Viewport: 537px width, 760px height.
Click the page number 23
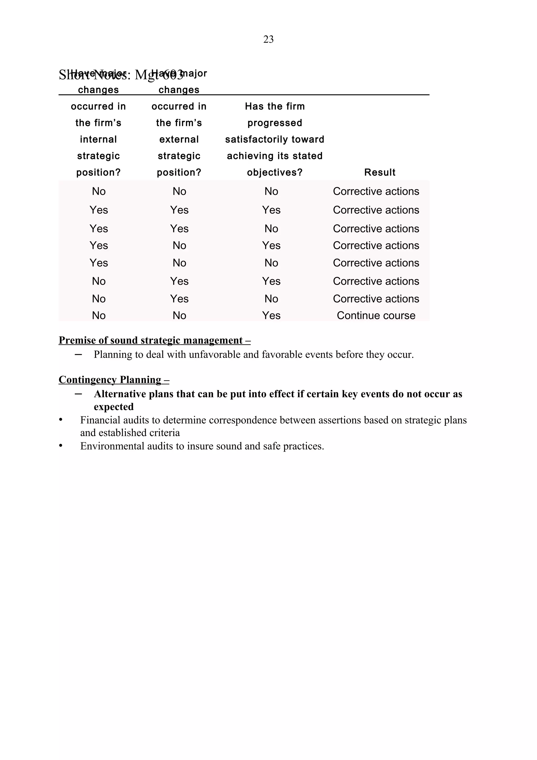coord(268,39)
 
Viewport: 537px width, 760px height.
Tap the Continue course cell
coord(376,315)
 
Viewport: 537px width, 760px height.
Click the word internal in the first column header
coord(98,139)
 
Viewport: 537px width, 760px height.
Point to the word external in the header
coord(179,139)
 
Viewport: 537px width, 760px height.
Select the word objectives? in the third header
coord(275,173)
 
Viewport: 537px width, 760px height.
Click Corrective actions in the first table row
coord(376,191)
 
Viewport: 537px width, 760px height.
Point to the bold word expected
coord(114,407)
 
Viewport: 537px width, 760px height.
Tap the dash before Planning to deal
coord(78,355)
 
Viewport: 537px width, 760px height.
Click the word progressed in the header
coord(275,123)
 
